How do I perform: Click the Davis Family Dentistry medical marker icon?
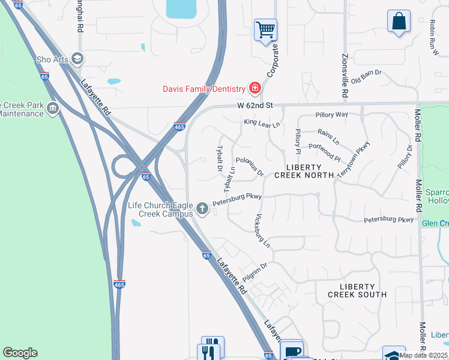pos(255,89)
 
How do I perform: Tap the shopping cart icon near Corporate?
pos(265,29)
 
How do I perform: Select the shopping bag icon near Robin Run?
pos(399,21)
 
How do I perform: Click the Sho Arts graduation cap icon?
pos(77,59)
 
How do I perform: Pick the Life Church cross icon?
pos(203,209)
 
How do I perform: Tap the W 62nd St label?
pos(255,106)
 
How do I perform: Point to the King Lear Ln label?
pos(262,123)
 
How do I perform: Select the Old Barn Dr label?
pos(366,77)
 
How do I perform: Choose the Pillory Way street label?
pos(331,115)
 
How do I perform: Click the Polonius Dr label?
pos(250,166)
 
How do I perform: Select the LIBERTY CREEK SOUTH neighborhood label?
pos(357,290)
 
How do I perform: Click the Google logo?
pos(20,353)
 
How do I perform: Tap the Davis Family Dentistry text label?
pos(205,89)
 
